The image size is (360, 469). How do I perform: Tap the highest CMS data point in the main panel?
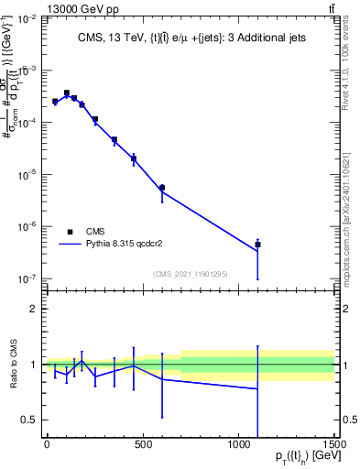click(66, 93)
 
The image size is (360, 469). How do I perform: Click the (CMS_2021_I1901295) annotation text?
click(190, 274)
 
